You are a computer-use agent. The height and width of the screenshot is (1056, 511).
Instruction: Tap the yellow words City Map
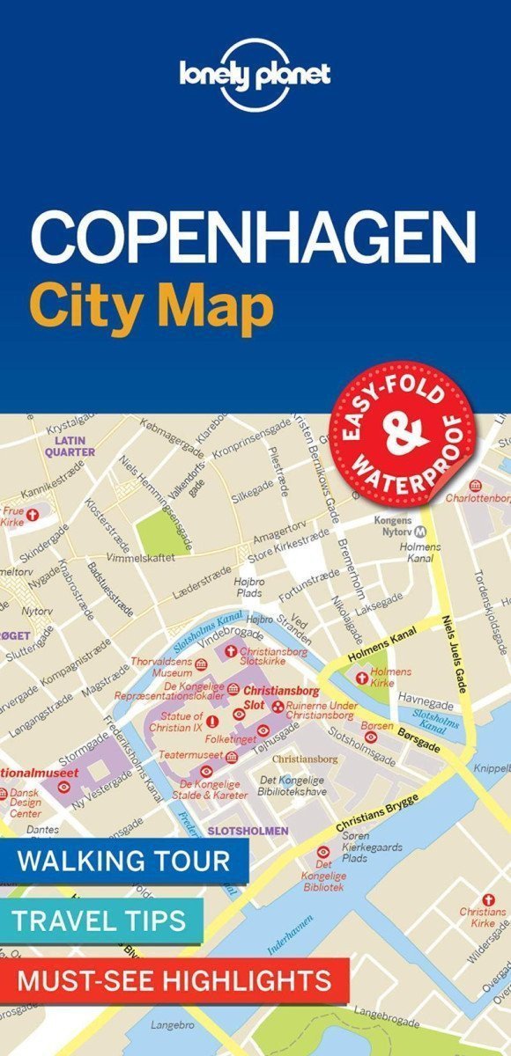pos(151,307)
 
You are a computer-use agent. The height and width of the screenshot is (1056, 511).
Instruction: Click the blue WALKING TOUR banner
pos(123,860)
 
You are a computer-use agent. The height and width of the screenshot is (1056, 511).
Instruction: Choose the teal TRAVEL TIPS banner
pos(99,920)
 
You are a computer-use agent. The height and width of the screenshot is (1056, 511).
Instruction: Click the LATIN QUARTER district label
pos(73,445)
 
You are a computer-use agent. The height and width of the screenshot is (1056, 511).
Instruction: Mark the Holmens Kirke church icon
pos(361,677)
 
